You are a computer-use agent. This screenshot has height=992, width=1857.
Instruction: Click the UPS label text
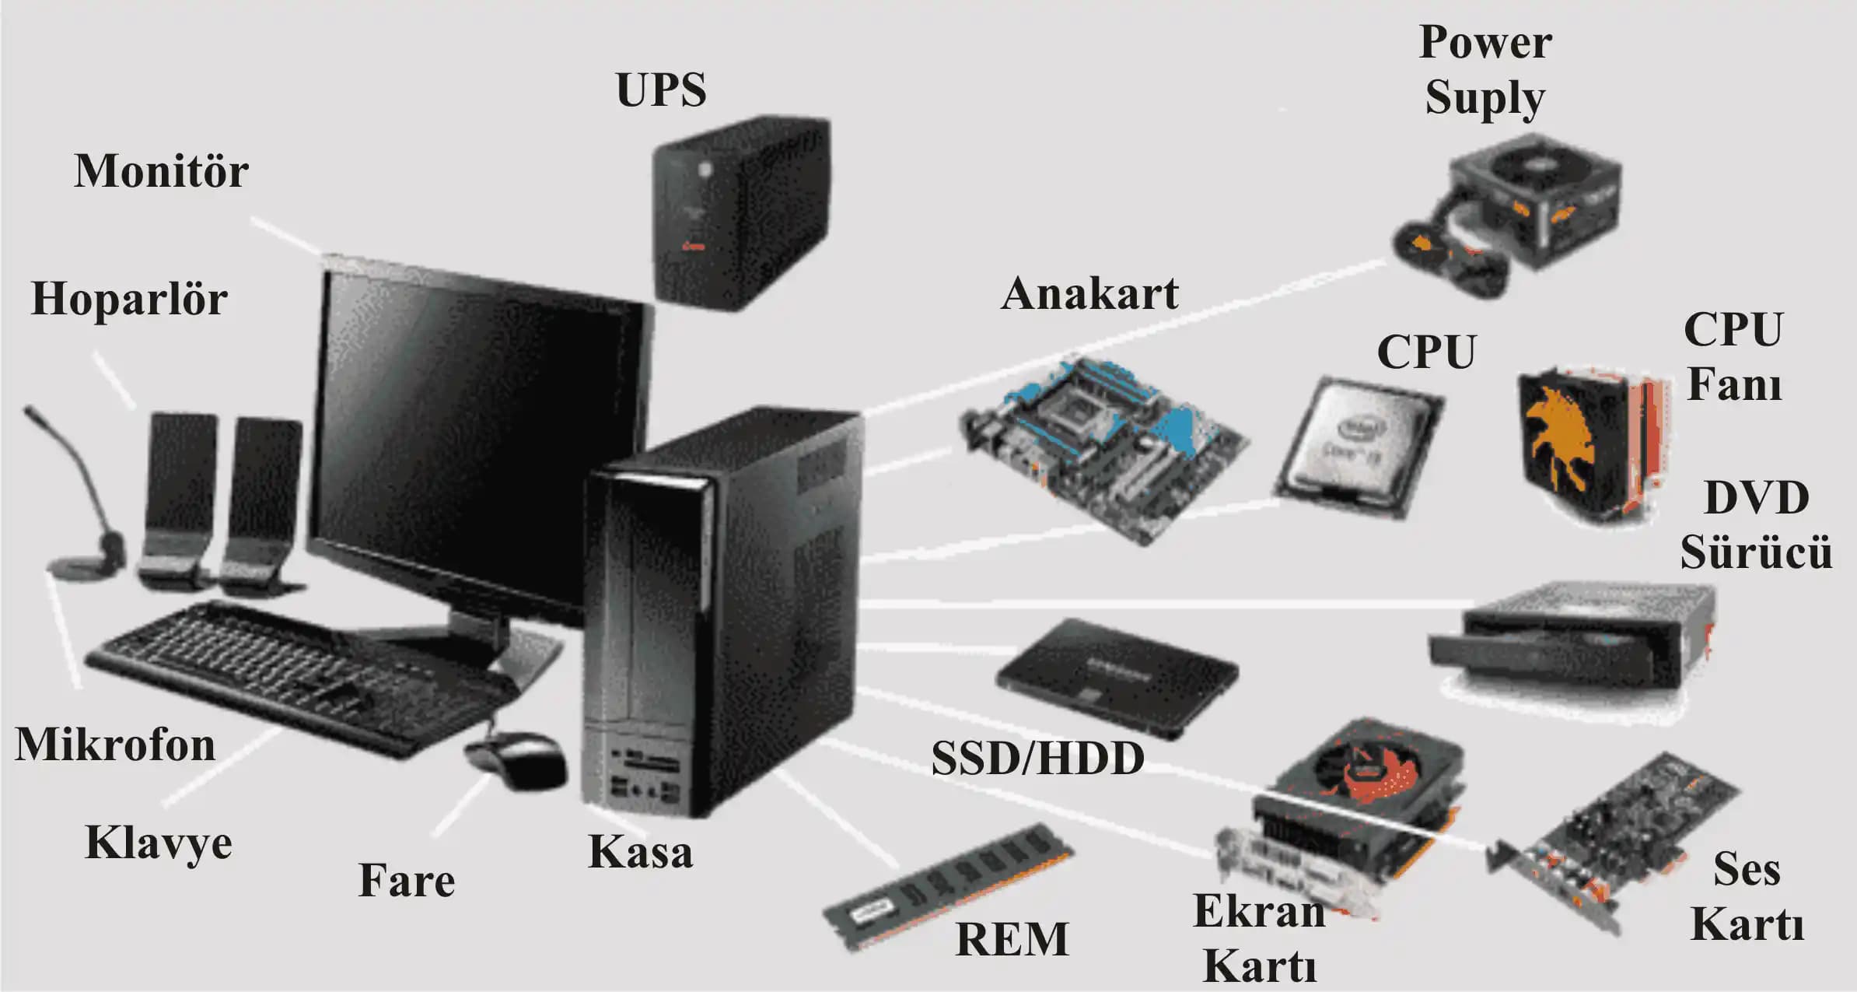tap(661, 89)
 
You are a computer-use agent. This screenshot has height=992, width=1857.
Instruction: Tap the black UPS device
tap(739, 214)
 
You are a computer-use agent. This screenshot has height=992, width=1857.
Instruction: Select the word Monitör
tap(161, 171)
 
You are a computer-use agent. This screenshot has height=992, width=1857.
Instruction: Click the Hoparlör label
tap(129, 299)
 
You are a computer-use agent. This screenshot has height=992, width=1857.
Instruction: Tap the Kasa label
tap(640, 851)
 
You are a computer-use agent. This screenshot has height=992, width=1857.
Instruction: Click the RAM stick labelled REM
tap(949, 887)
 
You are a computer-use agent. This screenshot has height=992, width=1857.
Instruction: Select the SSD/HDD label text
tap(1037, 759)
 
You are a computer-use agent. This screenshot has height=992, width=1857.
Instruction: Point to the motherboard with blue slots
tap(1104, 447)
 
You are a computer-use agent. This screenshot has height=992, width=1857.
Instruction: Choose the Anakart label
tap(1089, 294)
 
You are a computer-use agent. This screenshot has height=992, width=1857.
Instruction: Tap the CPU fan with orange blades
tap(1586, 443)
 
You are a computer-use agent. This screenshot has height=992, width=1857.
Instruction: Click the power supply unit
tap(1516, 210)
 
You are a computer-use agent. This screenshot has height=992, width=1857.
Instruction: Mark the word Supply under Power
tap(1485, 99)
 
